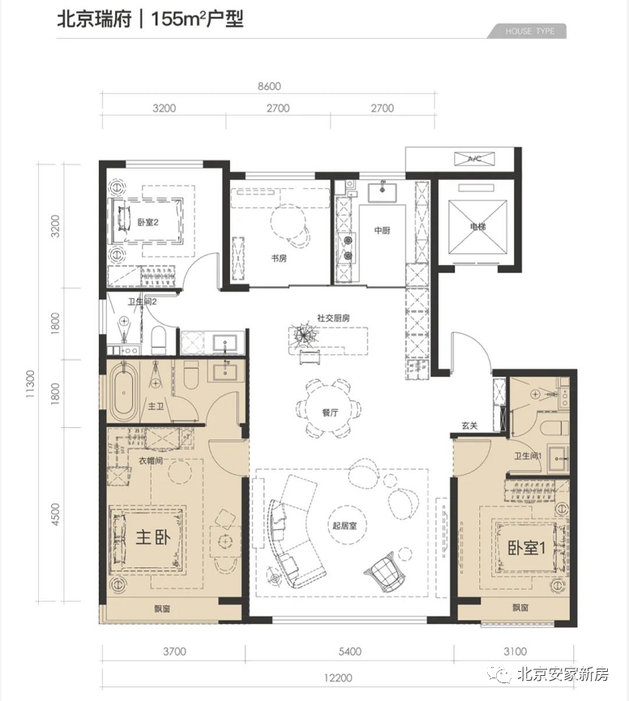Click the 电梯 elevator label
tap(477, 227)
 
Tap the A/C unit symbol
tap(474, 159)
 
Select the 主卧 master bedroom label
tap(153, 537)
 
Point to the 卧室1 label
tap(526, 547)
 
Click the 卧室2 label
tap(148, 222)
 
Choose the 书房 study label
tap(279, 258)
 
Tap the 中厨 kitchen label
tap(383, 230)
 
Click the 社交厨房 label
tap(333, 318)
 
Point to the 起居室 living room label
tap(344, 525)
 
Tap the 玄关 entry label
tap(469, 425)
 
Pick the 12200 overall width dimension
tap(339, 677)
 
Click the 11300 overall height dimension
tap(31, 384)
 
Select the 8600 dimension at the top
tap(269, 86)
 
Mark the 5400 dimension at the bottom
tap(349, 652)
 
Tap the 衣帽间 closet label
tap(150, 460)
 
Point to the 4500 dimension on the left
tap(55, 515)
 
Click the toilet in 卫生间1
tap(554, 428)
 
